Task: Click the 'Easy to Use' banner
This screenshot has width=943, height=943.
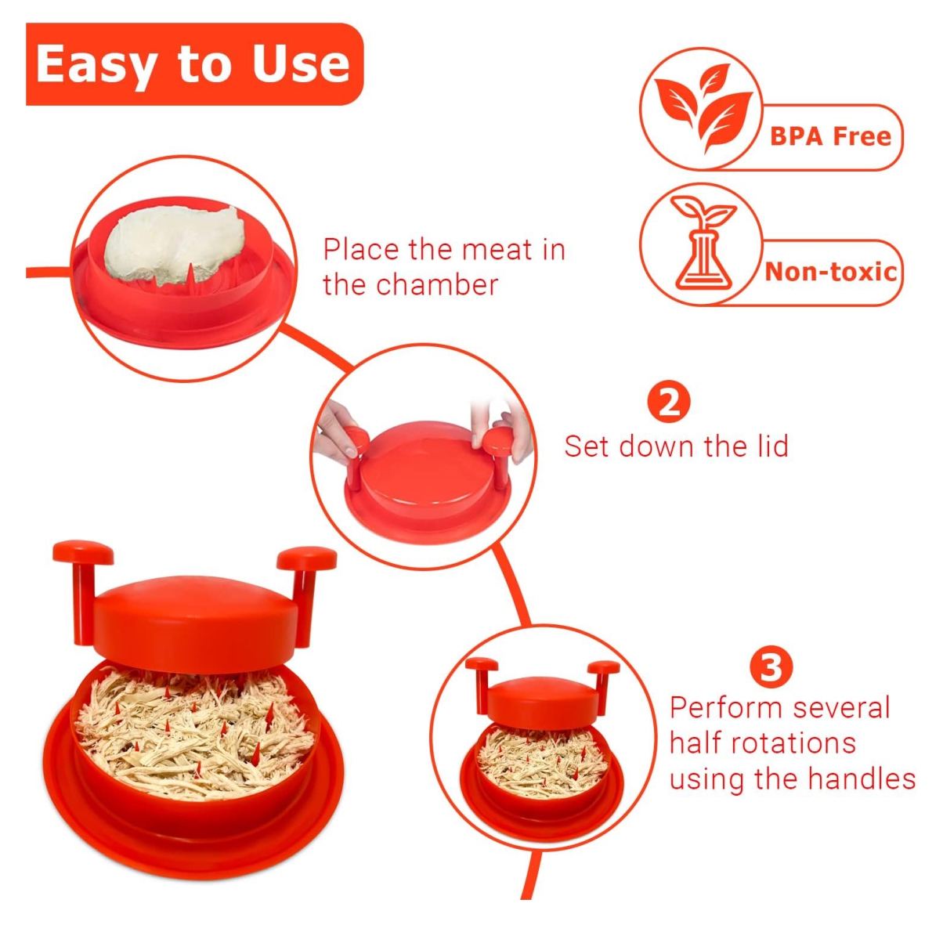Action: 194,64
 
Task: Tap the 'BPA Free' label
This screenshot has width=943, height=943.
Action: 830,137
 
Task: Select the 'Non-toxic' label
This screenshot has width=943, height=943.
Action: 830,272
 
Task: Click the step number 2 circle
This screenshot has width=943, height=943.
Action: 669,403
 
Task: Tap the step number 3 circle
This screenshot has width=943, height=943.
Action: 771,668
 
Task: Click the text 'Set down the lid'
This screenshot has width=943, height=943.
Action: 676,446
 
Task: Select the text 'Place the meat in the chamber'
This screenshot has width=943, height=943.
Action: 443,267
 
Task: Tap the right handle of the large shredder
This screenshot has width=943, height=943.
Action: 305,584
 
